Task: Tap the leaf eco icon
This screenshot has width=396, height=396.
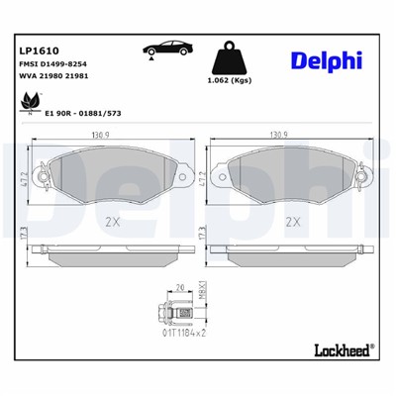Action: (27, 100)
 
